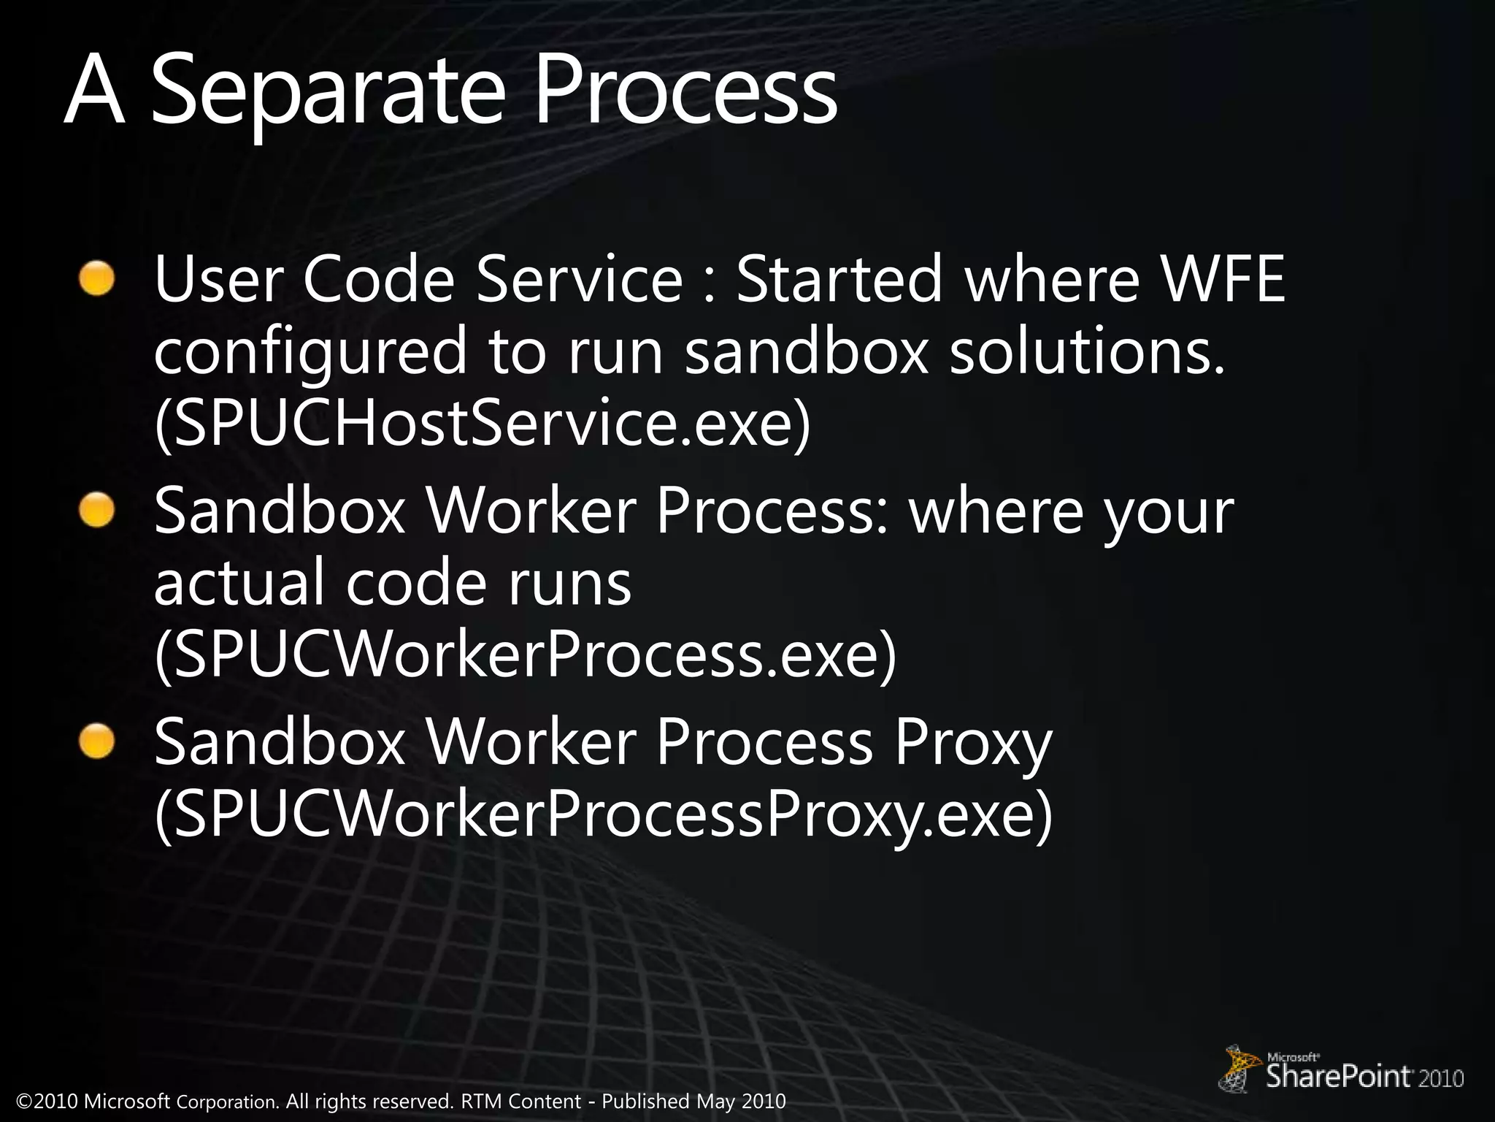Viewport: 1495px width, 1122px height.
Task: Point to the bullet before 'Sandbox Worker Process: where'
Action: click(x=98, y=511)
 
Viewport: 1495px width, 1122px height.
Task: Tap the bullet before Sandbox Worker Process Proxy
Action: click(x=98, y=741)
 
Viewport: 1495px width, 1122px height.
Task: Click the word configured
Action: click(x=310, y=353)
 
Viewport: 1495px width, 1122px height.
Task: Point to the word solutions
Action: click(x=1086, y=351)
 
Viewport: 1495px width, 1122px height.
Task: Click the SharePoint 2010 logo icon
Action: click(x=1241, y=1069)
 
